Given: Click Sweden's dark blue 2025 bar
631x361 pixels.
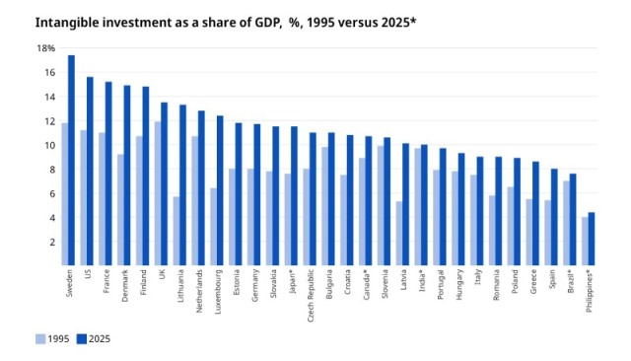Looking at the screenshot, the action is pos(71,160).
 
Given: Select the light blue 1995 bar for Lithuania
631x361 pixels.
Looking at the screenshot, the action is pos(176,231).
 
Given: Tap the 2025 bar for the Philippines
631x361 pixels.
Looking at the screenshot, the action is pos(592,239).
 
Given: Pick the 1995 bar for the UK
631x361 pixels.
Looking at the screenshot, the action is pos(158,193).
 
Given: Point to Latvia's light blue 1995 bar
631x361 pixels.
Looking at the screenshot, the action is pos(399,234).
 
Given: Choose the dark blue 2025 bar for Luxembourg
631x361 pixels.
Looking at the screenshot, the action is pos(220,190).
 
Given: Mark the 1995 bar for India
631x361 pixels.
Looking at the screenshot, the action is pos(418,207).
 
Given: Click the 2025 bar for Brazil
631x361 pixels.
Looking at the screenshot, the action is pos(573,219).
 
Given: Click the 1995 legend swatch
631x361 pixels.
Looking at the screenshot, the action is pos(40,339).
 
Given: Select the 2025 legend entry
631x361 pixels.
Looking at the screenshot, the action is pos(93,339).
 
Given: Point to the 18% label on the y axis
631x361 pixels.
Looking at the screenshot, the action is pos(46,48).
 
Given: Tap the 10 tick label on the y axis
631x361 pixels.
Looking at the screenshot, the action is pos(50,145).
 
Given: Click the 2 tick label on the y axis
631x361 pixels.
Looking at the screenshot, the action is pos(52,243).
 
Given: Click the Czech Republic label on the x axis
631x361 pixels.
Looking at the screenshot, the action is pos(311,296).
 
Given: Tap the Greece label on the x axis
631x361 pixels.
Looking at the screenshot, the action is pos(533,282).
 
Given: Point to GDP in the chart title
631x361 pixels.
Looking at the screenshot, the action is pos(266,22).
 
